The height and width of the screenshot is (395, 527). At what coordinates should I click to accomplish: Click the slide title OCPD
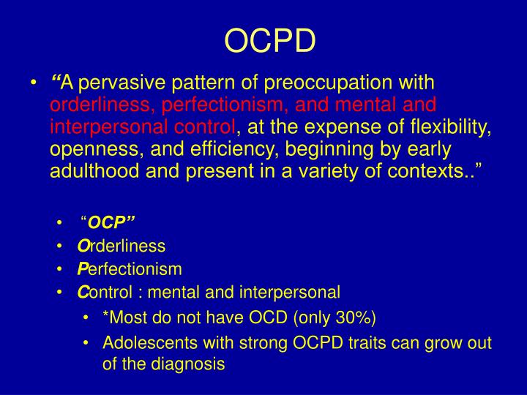pos(269,42)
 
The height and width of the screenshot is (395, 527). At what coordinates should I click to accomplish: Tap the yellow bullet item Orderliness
pos(121,247)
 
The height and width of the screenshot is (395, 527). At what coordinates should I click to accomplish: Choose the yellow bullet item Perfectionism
pos(129,269)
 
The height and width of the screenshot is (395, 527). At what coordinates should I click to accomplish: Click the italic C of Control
pos(81,293)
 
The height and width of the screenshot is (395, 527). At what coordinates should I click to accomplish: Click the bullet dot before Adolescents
pos(86,342)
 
